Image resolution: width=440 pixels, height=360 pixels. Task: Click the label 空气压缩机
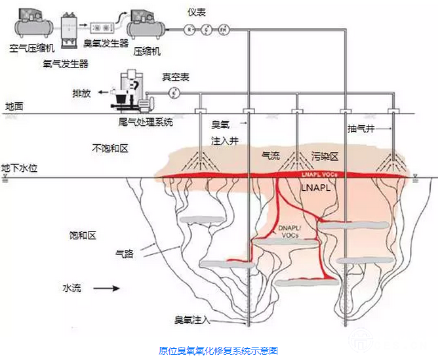tap(32, 49)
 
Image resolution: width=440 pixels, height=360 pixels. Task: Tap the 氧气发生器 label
tap(66, 63)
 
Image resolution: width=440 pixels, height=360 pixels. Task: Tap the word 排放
tap(81, 93)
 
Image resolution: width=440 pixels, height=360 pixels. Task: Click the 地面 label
tap(14, 106)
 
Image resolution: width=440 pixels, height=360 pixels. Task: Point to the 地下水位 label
tap(20, 169)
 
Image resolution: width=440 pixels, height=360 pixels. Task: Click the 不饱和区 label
tap(110, 148)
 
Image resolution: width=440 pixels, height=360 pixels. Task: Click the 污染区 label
tap(324, 157)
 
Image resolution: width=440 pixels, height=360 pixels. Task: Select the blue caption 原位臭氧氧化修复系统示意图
tap(218, 351)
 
